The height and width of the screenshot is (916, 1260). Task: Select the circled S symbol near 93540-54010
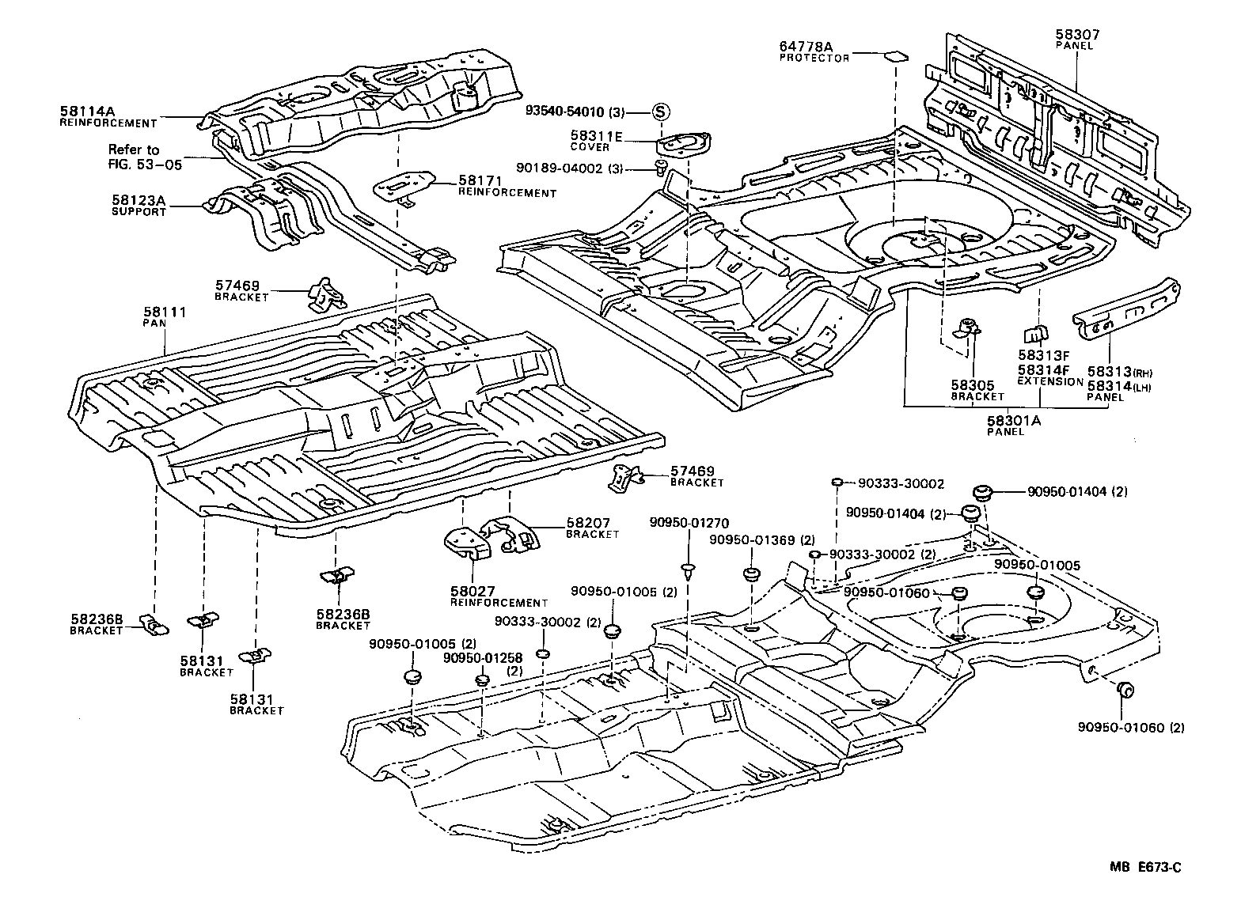coord(660,112)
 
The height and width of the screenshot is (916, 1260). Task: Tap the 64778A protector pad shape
coord(895,56)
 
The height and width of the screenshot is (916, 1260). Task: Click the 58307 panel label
coord(1076,35)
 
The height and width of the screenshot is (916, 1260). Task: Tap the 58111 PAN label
coord(164,312)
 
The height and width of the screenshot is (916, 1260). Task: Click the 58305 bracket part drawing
coord(966,329)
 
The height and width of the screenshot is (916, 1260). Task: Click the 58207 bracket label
coord(587,523)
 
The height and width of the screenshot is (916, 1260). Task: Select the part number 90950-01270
coord(689,523)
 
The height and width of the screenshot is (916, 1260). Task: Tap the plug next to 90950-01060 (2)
coord(1125,690)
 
